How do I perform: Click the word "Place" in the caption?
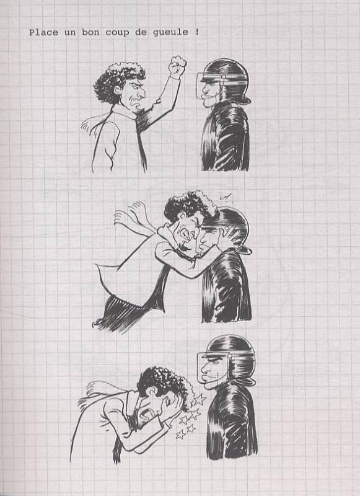pos(43,32)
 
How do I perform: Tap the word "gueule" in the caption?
pos(170,33)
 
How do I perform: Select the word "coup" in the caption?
pos(117,33)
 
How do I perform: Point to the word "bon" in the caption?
pos(90,32)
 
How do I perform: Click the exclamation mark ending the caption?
pos(197,32)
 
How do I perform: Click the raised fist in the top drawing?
pos(177,66)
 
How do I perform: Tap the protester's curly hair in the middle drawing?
pos(190,206)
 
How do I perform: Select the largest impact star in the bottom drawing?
pos(199,399)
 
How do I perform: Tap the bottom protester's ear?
pos(153,391)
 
